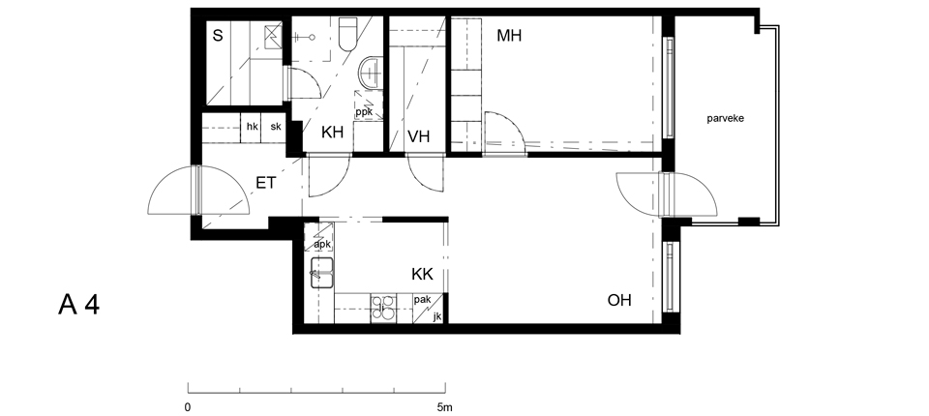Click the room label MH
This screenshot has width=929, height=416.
click(x=509, y=36)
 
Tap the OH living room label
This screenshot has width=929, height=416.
click(x=619, y=300)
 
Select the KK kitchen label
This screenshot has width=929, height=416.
click(x=423, y=275)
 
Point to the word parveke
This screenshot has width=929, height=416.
click(x=725, y=119)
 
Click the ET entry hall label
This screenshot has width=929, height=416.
click(x=265, y=183)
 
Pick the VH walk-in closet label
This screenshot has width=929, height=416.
click(x=418, y=136)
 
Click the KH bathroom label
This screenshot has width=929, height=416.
click(x=332, y=133)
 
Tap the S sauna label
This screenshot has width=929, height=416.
click(x=218, y=36)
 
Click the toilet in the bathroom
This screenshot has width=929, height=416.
click(x=347, y=35)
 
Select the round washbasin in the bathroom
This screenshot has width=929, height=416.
click(x=371, y=73)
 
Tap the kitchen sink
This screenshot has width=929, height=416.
click(x=321, y=273)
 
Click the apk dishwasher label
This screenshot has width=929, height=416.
click(x=321, y=244)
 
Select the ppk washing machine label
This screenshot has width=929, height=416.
click(x=364, y=111)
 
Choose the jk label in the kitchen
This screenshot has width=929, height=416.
click(x=437, y=316)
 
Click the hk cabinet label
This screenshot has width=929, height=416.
click(x=252, y=126)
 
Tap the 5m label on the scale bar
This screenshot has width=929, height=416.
click(x=444, y=407)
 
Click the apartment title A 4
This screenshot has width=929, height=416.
click(x=78, y=305)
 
